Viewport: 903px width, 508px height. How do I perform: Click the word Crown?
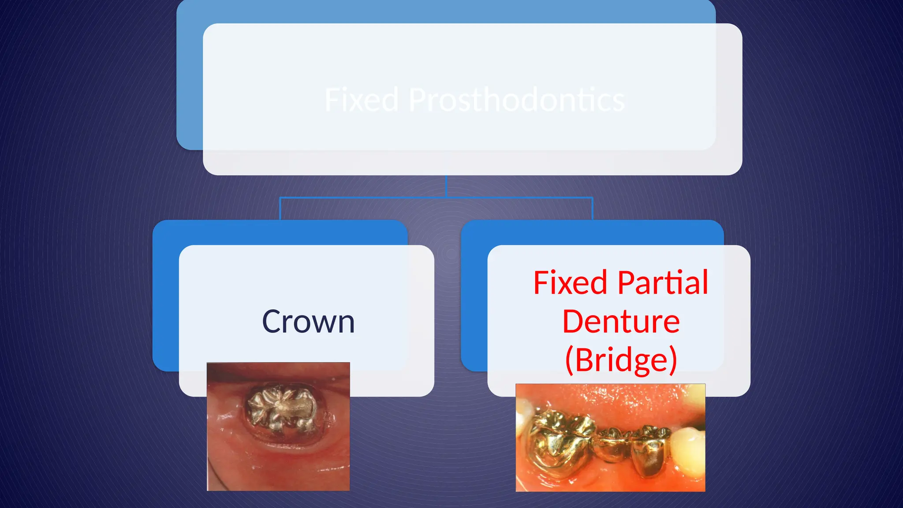(308, 322)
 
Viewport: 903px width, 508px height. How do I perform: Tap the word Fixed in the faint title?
(362, 100)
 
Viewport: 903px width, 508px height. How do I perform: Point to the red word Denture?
(621, 321)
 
